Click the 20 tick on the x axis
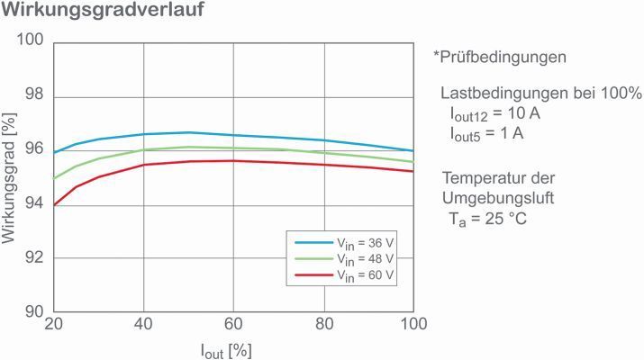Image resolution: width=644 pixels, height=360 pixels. (x=54, y=325)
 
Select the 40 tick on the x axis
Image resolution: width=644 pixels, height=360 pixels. (x=144, y=325)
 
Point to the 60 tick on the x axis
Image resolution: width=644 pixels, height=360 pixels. (x=234, y=325)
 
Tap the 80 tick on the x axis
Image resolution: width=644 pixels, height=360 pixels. (x=324, y=325)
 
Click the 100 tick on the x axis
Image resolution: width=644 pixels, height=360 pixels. (x=413, y=325)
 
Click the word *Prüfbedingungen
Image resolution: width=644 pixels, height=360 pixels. (x=499, y=57)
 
